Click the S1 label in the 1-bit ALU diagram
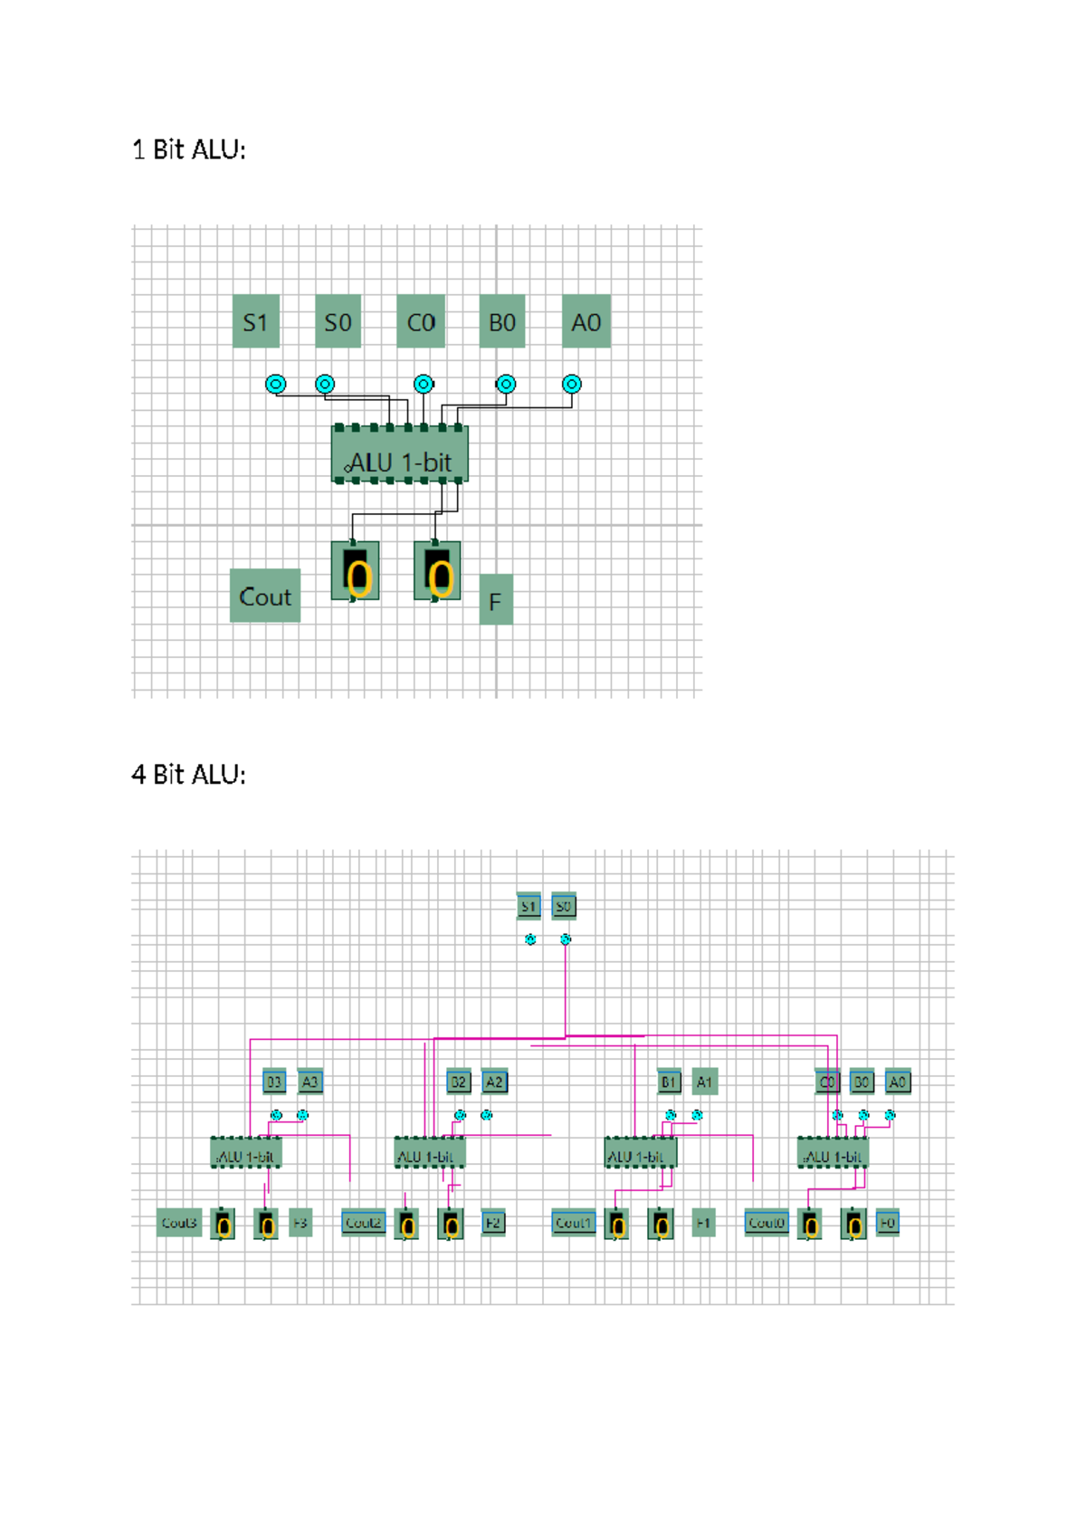[x=256, y=321]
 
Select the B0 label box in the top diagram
[x=501, y=321]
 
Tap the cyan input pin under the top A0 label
[x=571, y=384]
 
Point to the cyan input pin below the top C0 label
[x=423, y=384]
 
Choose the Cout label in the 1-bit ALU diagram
[x=265, y=596]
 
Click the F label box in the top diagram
[x=495, y=600]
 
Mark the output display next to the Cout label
[x=356, y=571]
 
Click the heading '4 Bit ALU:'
[x=188, y=775]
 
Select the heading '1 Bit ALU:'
[x=188, y=149]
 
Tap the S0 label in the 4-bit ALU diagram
[x=563, y=905]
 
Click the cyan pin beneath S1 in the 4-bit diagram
[x=530, y=939]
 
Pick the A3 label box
[x=310, y=1082]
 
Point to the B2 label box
[x=459, y=1082]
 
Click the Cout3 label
[x=179, y=1223]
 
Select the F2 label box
[x=492, y=1223]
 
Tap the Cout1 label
[x=574, y=1223]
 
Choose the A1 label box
[x=704, y=1082]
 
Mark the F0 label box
[x=888, y=1223]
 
